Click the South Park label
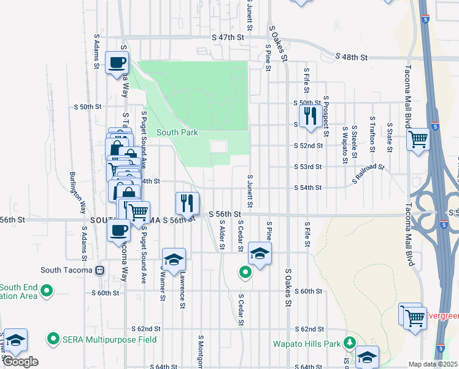click(177, 132)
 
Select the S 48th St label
click(352, 57)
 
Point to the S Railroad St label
click(368, 173)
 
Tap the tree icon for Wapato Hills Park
click(350, 342)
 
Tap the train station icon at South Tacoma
click(99, 270)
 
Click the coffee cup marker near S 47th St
click(117, 62)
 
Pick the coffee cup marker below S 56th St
click(118, 231)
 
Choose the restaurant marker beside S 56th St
click(187, 202)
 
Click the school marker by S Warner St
click(174, 259)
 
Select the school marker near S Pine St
click(260, 253)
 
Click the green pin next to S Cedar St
click(245, 272)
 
